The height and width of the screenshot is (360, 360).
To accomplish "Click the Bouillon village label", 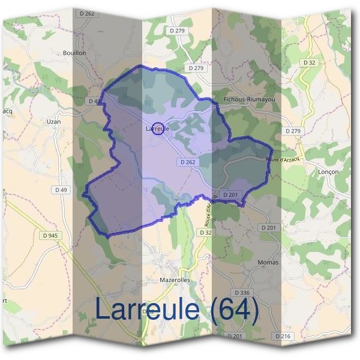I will [74, 53].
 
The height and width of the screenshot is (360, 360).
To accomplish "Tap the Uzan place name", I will [54, 121].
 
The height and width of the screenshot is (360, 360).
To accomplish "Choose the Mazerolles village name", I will [158, 280].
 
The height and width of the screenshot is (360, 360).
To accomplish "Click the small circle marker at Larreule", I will [158, 128].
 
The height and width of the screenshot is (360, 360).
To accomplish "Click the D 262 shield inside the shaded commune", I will [187, 162].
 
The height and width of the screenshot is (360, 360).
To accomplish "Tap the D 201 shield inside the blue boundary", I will [231, 195].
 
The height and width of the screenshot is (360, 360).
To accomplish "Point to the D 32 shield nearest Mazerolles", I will [205, 232].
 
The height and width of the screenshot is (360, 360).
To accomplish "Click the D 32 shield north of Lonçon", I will [310, 62].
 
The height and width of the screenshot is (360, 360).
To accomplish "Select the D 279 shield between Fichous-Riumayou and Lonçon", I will [293, 131].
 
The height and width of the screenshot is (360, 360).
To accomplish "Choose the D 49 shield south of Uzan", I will [61, 190].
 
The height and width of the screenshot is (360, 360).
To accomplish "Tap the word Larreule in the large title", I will [147, 310].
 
